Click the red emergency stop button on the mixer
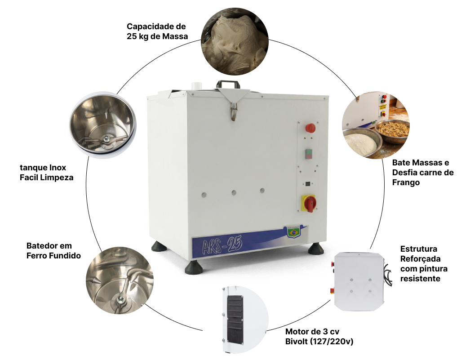click(310, 128)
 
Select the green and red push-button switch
click(309, 154)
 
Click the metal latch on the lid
click(234, 111)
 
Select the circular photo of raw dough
click(235, 41)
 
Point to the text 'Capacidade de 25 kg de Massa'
click(157, 31)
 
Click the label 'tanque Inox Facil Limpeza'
click(46, 172)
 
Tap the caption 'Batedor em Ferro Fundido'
click(53, 251)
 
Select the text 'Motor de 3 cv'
click(312, 332)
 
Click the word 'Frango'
click(406, 182)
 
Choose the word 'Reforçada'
click(420, 259)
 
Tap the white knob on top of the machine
click(197, 85)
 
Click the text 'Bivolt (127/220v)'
click(319, 342)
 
